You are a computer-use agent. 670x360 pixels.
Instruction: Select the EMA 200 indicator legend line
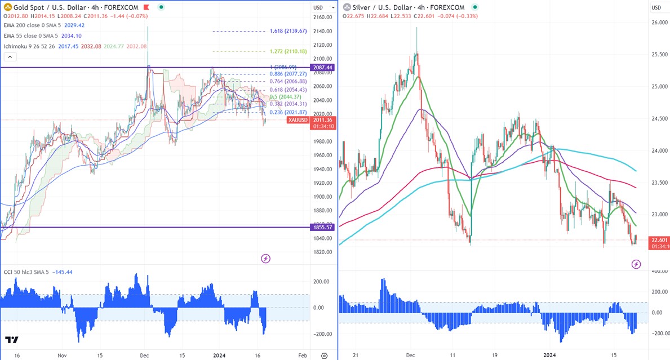coord(44,25)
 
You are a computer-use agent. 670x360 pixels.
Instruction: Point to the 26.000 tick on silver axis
coord(660,23)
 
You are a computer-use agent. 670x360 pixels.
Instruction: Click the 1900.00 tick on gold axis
coord(323,197)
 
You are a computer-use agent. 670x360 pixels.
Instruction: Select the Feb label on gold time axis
coord(303,355)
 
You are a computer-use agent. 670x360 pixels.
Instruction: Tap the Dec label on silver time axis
coord(410,355)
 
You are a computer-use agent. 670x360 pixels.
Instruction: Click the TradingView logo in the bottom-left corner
coord(11,340)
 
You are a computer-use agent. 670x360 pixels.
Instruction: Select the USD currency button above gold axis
coord(318,7)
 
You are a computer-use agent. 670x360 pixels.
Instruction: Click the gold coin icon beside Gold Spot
coord(7,7)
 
